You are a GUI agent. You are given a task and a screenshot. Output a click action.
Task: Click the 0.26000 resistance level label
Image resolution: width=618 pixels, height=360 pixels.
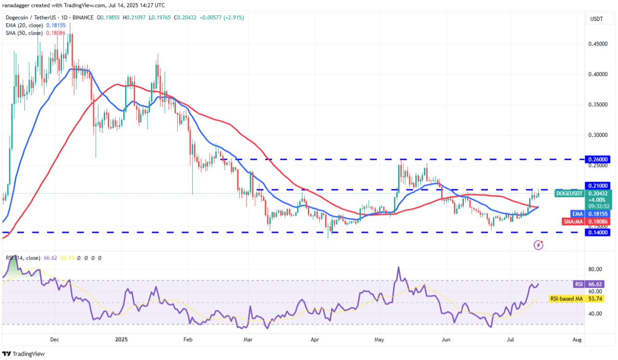[598, 159]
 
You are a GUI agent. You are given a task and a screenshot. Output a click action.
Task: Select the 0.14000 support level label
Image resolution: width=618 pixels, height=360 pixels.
[598, 232]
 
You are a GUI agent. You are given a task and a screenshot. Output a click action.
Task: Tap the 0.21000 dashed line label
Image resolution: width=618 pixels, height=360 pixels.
[598, 185]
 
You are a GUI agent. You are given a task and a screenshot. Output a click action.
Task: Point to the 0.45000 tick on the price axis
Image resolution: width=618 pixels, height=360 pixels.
[598, 43]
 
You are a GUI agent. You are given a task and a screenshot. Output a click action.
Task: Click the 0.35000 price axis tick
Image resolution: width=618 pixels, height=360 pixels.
[598, 105]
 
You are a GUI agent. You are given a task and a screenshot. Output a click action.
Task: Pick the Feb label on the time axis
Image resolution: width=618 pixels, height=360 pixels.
[187, 339]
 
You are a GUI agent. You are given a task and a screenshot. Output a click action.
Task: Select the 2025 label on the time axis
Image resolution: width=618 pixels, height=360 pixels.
[121, 339]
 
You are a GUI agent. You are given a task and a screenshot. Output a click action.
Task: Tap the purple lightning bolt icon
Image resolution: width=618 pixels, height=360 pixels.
[538, 244]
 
